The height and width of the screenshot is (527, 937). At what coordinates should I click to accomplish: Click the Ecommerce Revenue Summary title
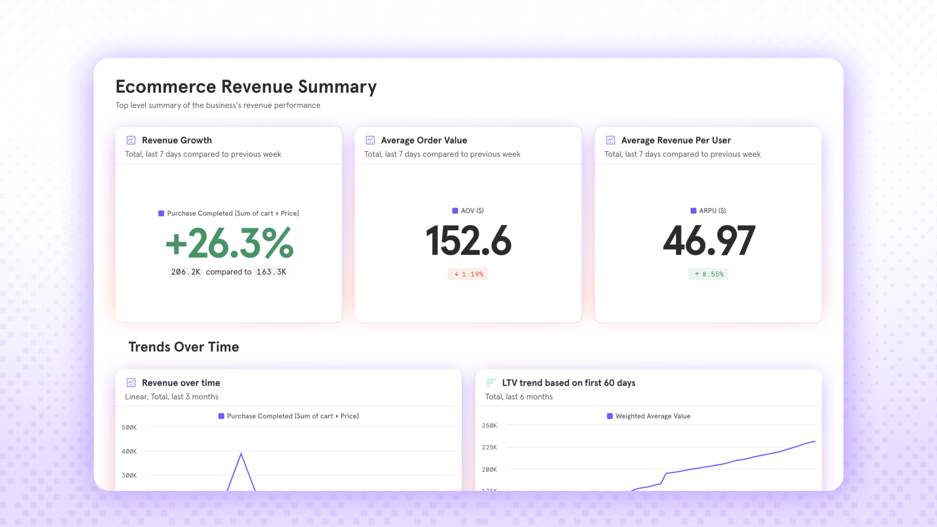coord(246,86)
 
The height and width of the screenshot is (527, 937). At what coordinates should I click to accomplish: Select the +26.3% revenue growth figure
coord(229,243)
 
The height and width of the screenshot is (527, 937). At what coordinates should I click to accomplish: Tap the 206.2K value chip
coord(186,272)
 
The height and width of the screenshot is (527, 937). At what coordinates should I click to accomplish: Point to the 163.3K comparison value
coord(271,272)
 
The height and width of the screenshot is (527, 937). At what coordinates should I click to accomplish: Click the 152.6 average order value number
coord(468,241)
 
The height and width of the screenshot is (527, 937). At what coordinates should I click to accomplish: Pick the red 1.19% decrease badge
coord(468,274)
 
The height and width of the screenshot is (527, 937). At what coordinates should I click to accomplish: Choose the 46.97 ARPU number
coord(709,241)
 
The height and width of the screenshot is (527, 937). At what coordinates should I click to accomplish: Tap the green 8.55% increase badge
coord(708,274)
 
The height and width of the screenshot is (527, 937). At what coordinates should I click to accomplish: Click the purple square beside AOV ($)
coord(455,211)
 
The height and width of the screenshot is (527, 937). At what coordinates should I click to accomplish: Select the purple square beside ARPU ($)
coord(693,211)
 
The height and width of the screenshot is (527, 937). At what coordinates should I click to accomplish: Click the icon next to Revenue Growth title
coord(131,140)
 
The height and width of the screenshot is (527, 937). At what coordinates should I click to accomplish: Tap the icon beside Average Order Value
coord(370,140)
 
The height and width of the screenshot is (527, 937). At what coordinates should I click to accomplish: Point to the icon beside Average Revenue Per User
coord(610,140)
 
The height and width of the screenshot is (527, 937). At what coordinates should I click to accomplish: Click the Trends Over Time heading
coord(183,347)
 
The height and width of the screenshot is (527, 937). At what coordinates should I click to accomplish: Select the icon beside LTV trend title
coord(491,382)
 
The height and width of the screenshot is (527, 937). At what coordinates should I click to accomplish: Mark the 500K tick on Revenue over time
coord(129,427)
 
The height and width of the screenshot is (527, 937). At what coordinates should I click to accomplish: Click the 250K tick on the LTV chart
coord(489,425)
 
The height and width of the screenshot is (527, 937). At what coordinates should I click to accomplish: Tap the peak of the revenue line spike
coord(241,453)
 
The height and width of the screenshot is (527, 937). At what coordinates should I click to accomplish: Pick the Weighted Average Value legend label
coord(652,416)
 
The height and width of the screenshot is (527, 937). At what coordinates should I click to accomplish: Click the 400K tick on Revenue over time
coord(129,451)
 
